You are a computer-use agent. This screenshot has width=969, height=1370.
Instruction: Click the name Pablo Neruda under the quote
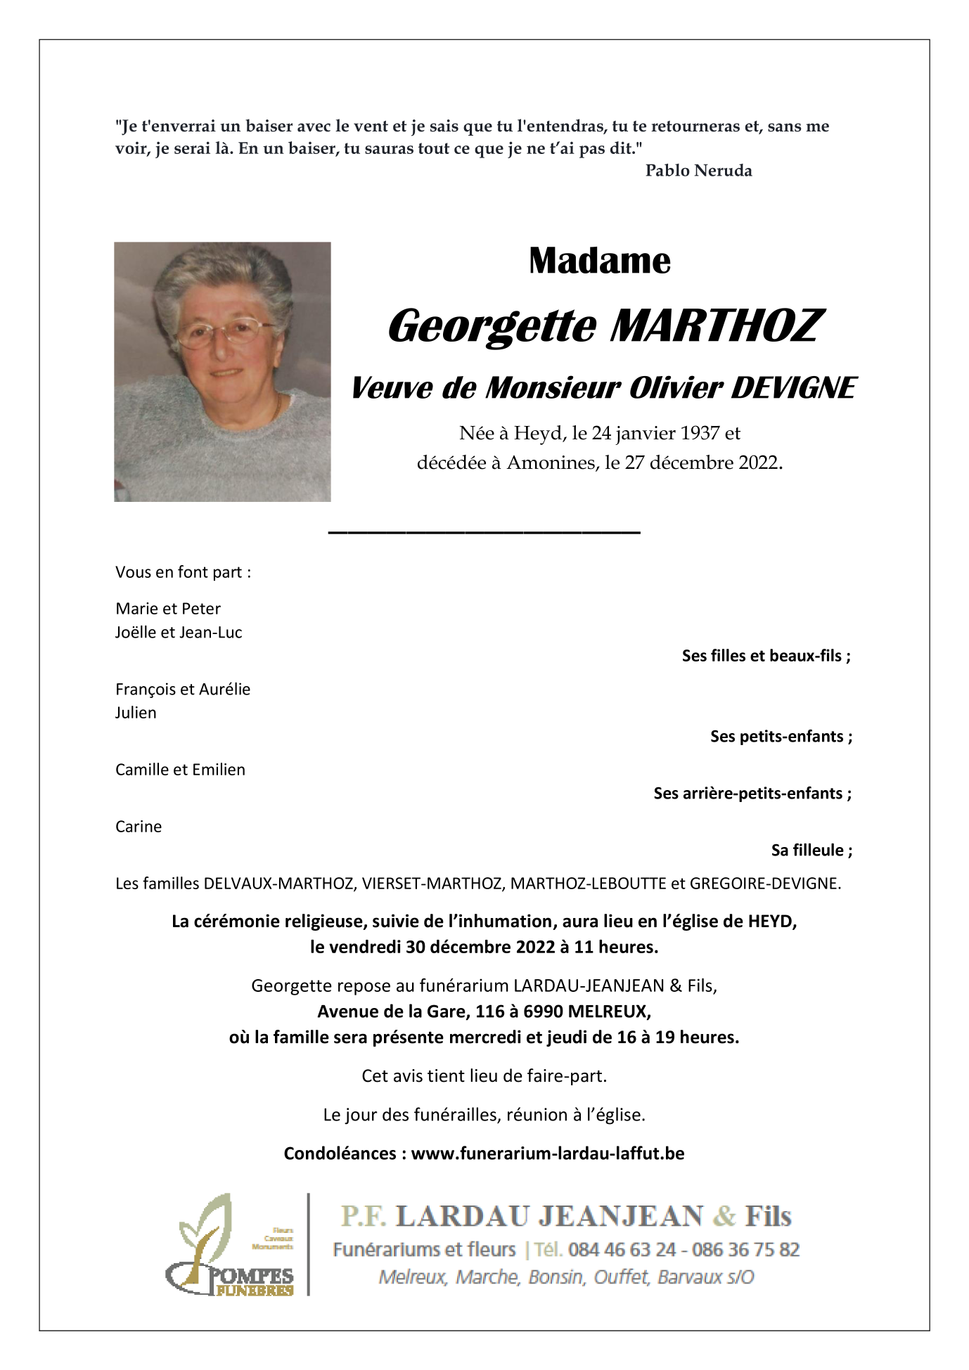(698, 171)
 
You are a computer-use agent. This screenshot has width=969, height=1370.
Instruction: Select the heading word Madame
(599, 261)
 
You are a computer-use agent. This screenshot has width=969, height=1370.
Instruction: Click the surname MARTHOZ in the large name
(716, 326)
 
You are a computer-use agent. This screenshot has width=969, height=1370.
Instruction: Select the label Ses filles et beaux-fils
(766, 656)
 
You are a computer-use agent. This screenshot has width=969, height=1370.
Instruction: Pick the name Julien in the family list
(136, 713)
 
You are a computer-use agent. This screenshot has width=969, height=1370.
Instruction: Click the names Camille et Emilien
(180, 770)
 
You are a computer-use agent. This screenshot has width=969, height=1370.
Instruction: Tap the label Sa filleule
(811, 851)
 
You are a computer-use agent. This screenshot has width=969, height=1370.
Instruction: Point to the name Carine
(139, 827)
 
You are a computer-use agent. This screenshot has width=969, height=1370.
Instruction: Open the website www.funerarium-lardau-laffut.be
(547, 1153)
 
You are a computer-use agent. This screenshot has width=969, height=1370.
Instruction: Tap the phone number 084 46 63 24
(622, 1250)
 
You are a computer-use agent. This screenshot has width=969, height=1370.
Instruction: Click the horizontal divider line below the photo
(484, 532)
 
